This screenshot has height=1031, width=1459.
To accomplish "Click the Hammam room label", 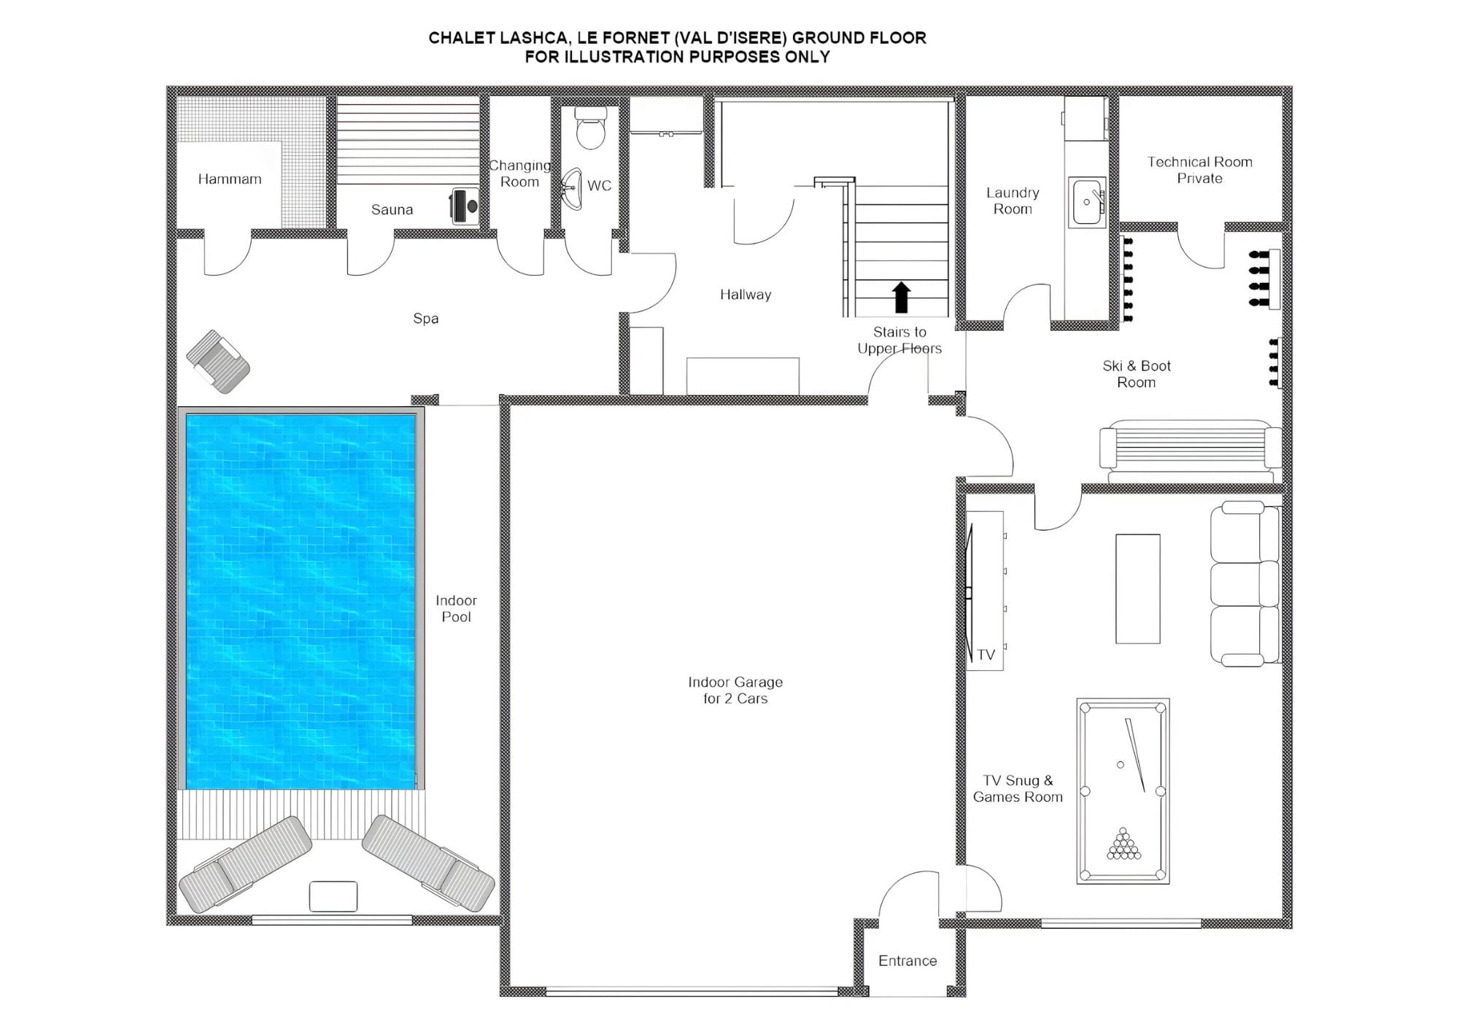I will coord(229,179).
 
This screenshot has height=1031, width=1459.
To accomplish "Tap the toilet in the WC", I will coord(591,129).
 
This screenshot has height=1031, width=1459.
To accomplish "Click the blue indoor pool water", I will coord(301,601).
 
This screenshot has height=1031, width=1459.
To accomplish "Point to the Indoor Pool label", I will coord(456,608).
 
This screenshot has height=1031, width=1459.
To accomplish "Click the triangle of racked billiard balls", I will coord(1123,844).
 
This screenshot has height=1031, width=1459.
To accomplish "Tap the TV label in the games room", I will coord(986,655).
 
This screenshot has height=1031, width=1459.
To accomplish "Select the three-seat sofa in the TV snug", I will coord(1245,583).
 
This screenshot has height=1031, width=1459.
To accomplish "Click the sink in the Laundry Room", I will coord(1087,201).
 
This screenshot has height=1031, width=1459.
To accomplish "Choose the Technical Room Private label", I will coord(1199,170).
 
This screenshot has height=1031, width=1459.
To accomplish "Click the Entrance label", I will coord(907,961).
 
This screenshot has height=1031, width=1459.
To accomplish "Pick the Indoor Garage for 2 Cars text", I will coord(735,690).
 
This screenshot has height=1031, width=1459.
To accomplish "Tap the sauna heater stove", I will coord(465,205).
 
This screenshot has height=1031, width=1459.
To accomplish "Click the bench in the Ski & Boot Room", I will coord(1190,448).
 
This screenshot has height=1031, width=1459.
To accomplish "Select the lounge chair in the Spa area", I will coord(218,361).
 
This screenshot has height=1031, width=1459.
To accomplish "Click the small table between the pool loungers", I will coord(333,896).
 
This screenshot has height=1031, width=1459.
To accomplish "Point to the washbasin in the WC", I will coord(573,188).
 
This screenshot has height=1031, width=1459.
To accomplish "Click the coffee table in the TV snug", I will coord(1137,588).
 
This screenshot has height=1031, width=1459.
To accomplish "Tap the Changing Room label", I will coord(519,174).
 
